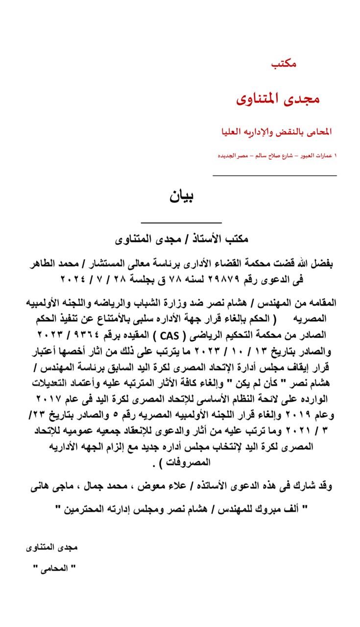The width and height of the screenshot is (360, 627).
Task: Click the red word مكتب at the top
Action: coord(284,64)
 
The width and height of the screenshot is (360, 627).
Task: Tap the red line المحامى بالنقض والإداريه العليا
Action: coord(277,132)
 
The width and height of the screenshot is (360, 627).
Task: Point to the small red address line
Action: coord(277,155)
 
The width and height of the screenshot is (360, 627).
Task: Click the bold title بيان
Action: coord(181,196)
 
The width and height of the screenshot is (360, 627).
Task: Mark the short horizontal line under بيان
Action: coord(181,223)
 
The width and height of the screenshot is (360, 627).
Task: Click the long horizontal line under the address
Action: coord(274,175)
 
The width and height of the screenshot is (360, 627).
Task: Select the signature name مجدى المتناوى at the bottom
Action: coord(52,547)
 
